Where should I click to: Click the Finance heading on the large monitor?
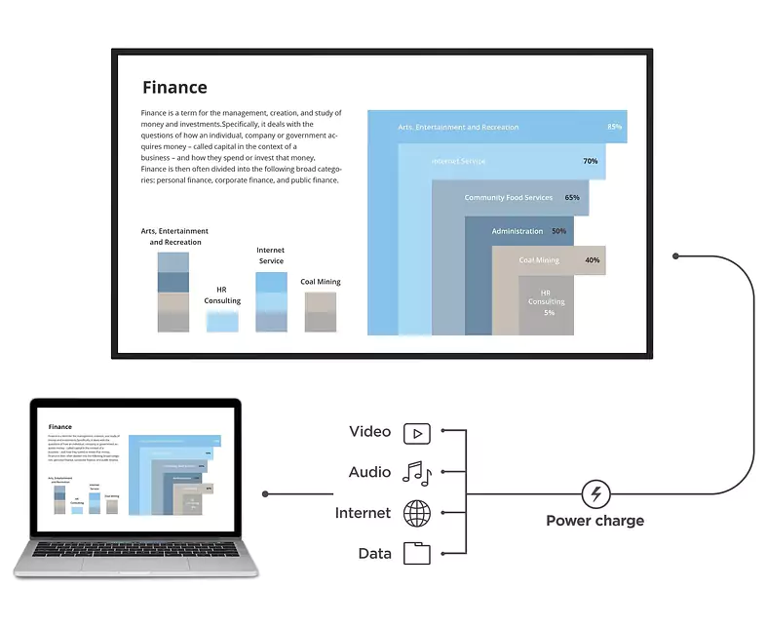(x=174, y=88)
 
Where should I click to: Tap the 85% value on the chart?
(x=614, y=127)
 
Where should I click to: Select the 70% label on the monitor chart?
(x=590, y=161)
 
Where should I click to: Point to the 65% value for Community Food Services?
(x=572, y=198)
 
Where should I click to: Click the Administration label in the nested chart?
(x=517, y=231)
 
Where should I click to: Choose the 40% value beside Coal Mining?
(x=592, y=260)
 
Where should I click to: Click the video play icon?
(x=417, y=434)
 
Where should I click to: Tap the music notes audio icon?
(x=417, y=474)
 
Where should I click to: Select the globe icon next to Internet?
(x=417, y=513)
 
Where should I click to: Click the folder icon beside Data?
(x=417, y=554)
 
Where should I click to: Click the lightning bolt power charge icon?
(x=595, y=494)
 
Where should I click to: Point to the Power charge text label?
(x=594, y=521)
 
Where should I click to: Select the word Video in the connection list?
(x=369, y=432)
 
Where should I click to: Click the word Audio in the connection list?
(x=369, y=473)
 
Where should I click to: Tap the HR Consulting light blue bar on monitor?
(x=222, y=321)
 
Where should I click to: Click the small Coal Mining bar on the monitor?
(x=321, y=313)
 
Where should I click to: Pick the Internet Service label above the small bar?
(x=271, y=255)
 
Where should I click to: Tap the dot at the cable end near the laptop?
(x=265, y=494)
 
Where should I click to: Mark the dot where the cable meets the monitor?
(x=675, y=255)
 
